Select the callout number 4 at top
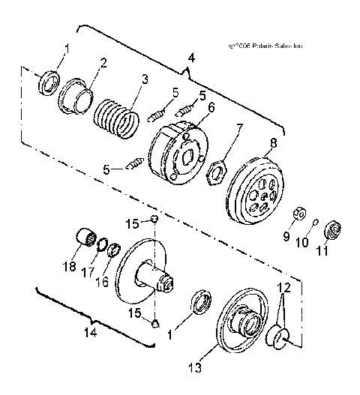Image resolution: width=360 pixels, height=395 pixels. (190, 57)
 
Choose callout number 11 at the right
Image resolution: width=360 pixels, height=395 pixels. (324, 252)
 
